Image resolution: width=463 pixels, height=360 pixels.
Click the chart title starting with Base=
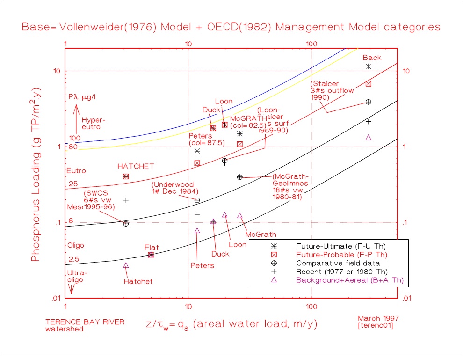[231, 27]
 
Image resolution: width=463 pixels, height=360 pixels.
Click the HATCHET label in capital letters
[136, 166]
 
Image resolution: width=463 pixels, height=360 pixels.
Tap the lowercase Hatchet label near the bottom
[138, 281]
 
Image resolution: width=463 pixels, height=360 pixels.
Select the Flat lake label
[152, 247]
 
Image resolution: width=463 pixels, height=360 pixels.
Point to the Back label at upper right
[372, 58]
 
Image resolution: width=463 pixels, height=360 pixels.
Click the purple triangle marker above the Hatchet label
[126, 265]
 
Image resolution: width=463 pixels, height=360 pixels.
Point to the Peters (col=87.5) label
[206, 139]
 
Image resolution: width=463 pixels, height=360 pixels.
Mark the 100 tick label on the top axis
[311, 44]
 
